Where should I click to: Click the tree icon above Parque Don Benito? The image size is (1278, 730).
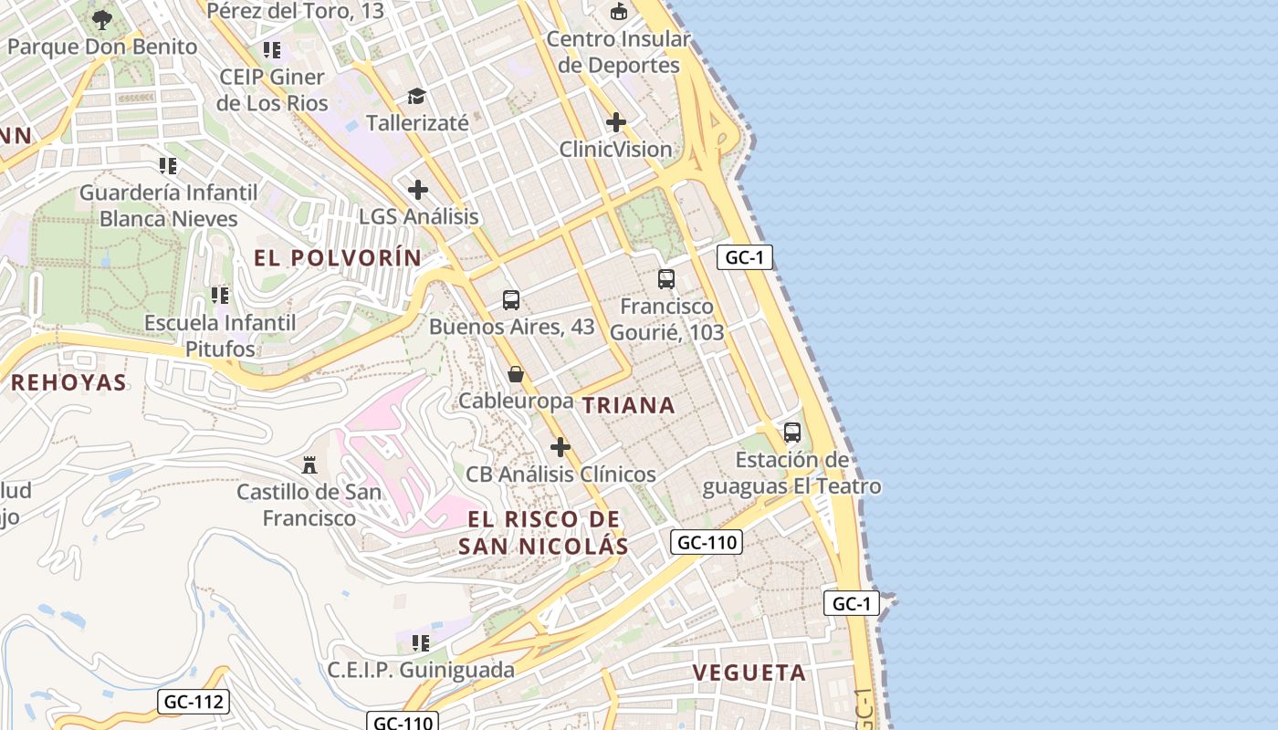tap(102, 18)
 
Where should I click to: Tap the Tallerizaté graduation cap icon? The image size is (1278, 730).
tap(417, 96)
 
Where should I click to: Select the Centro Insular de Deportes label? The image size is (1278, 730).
tap(619, 52)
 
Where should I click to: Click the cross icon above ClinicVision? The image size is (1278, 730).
tap(616, 121)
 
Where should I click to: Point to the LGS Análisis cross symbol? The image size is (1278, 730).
tap(418, 190)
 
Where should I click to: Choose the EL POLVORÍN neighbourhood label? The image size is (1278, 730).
tap(338, 258)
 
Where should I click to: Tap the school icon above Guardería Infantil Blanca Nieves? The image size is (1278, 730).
tap(168, 166)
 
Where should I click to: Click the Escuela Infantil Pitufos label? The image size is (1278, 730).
tap(220, 336)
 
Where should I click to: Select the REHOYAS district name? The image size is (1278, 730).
tap(68, 382)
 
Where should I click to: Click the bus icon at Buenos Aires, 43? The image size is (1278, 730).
tap(511, 299)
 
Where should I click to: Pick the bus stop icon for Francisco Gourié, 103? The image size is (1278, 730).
tap(666, 279)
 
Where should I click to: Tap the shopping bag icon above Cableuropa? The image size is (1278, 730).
tap(516, 374)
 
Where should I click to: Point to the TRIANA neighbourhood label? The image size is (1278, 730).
tap(629, 406)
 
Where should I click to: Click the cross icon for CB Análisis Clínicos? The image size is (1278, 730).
tap(560, 447)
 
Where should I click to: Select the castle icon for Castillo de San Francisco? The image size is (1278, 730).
tap(309, 465)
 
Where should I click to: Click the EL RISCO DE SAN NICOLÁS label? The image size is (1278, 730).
tap(543, 533)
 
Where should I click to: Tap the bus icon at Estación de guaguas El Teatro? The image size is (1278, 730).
tap(792, 433)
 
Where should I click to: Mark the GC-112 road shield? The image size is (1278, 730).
tap(193, 702)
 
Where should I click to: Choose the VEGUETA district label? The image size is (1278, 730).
tap(749, 673)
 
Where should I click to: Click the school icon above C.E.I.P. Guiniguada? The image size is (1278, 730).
tap(421, 643)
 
